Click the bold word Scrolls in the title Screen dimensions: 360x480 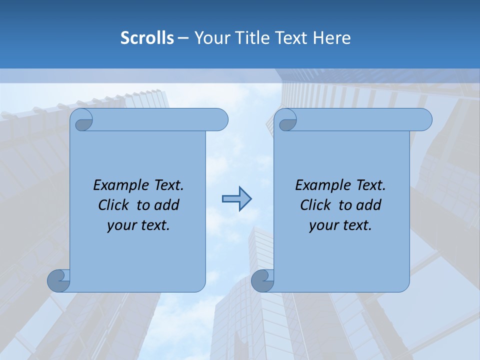click(147, 38)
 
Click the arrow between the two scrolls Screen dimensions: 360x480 click(236, 198)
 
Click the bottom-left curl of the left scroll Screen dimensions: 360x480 click(59, 281)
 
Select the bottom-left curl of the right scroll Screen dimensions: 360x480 click(262, 281)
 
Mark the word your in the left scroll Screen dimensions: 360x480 click(121, 225)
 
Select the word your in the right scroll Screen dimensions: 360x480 click(323, 225)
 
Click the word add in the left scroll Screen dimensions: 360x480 click(167, 205)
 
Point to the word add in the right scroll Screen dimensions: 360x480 click(369, 205)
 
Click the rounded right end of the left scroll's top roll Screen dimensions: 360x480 click(220, 120)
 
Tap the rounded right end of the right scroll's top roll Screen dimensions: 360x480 click(424, 120)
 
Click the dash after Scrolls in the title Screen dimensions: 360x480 click(183, 38)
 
